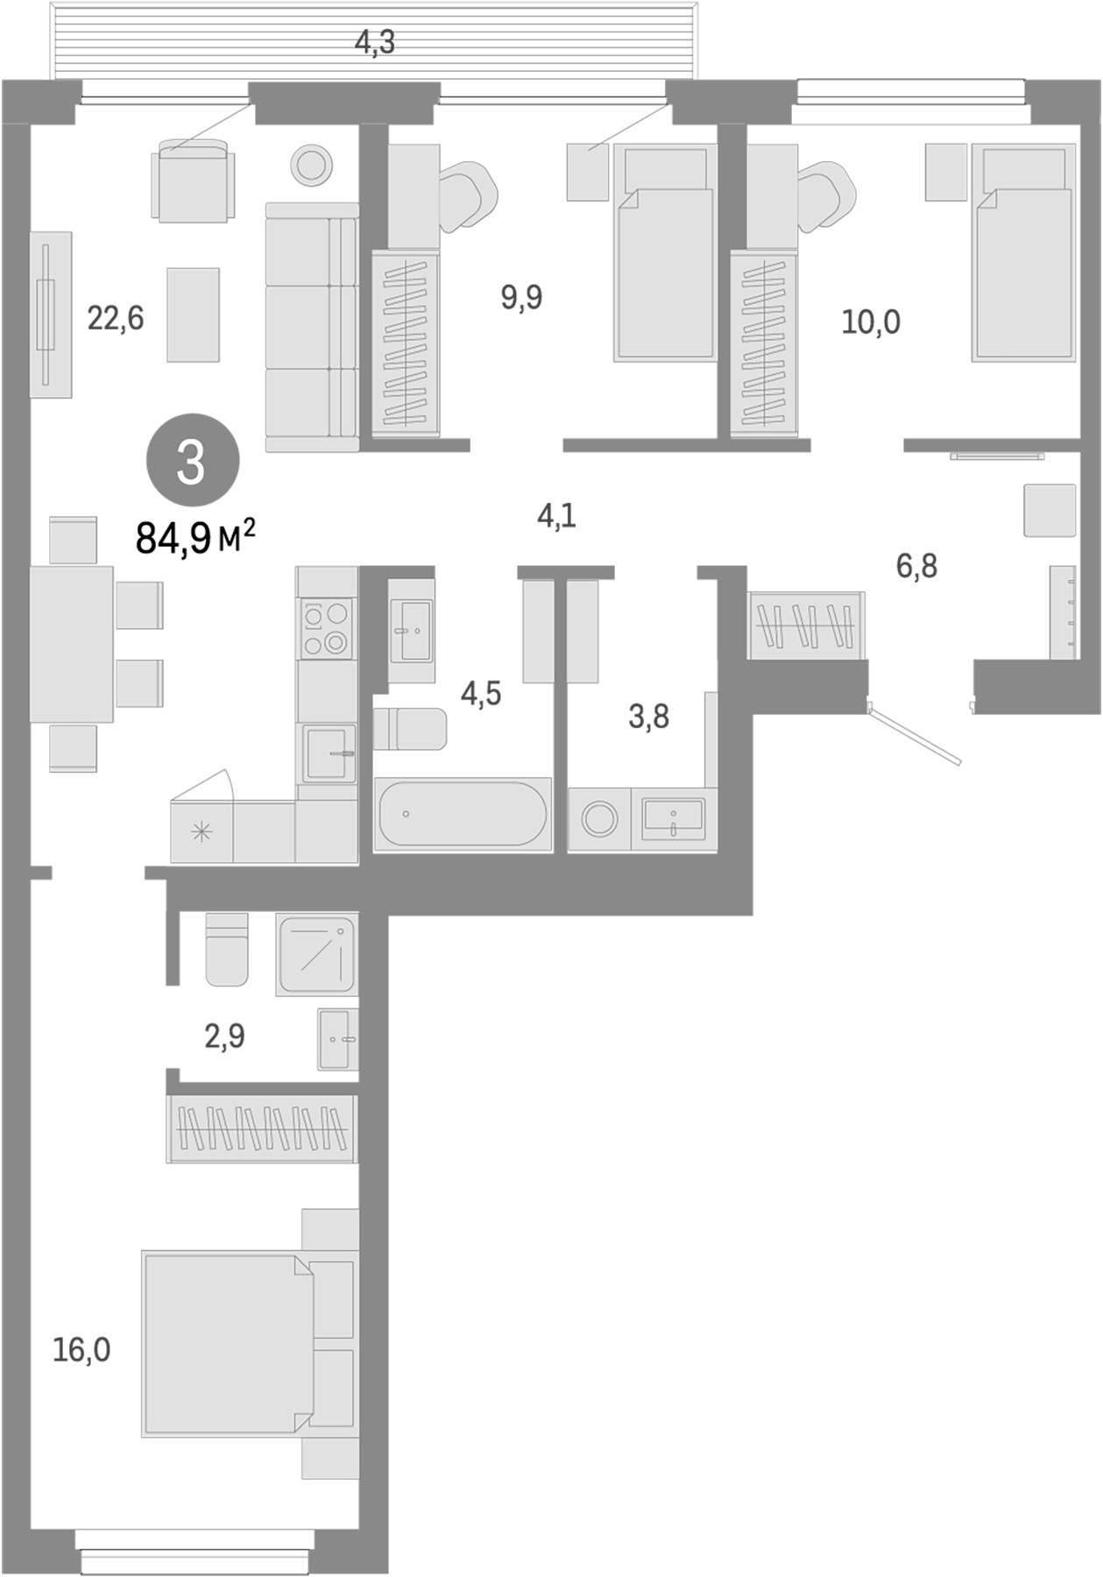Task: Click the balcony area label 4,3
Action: point(375,41)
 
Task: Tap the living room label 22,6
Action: point(115,319)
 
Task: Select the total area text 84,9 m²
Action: point(194,536)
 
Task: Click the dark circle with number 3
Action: point(192,461)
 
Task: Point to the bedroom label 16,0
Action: point(81,1350)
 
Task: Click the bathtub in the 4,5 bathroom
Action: point(462,814)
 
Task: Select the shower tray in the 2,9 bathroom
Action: point(316,954)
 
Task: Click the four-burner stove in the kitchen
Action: point(327,628)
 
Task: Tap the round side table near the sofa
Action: point(311,163)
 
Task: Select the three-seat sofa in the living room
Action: point(311,327)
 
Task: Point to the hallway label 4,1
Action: point(556,516)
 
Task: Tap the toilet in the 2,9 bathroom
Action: point(227,951)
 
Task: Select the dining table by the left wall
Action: point(72,644)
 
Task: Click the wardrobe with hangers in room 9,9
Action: point(405,343)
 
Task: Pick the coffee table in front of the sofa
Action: point(193,315)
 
